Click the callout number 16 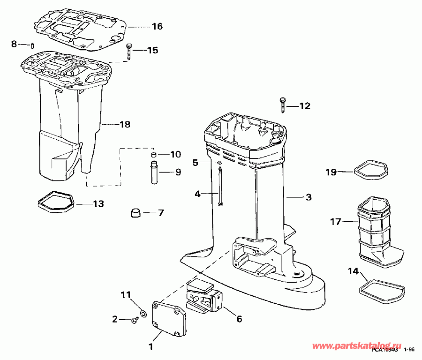157,26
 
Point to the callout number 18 125,125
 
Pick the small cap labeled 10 153,155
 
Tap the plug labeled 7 136,213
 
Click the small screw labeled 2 135,320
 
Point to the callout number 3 308,197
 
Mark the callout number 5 196,163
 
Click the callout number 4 197,193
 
